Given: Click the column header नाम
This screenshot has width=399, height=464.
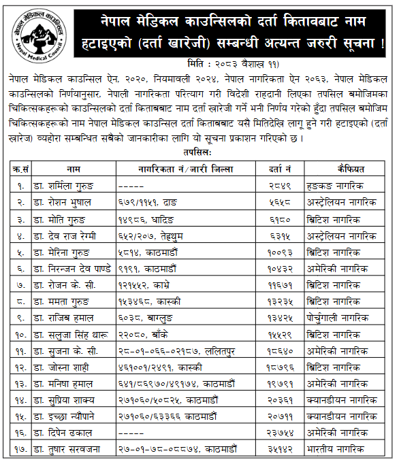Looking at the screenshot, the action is (74, 168).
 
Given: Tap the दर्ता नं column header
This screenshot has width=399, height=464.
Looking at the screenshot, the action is (280, 168).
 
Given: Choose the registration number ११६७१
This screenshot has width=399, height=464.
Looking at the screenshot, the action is (280, 284).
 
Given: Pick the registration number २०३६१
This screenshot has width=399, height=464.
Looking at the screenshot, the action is (280, 399).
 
